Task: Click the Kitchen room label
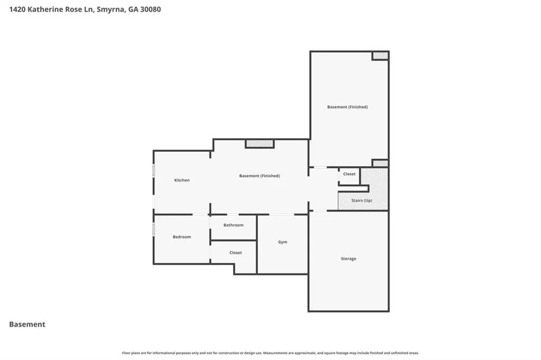[x=182, y=180]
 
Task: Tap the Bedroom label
[x=182, y=237]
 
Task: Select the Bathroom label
[x=234, y=225]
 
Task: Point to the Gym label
[x=283, y=242]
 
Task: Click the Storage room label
[x=349, y=259]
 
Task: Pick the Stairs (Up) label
[x=361, y=201]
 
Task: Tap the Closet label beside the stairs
[x=349, y=174]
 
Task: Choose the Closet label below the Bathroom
[x=236, y=253]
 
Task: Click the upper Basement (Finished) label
[x=348, y=107]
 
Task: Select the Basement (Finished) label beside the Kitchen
[x=259, y=176]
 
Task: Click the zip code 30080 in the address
[x=151, y=10]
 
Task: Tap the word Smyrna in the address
[x=110, y=10]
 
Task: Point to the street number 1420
[x=17, y=10]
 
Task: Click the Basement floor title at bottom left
[x=27, y=324]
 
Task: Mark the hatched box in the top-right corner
[x=380, y=55]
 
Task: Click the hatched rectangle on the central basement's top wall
[x=260, y=144]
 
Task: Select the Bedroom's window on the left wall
[x=154, y=229]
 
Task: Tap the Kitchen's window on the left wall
[x=154, y=170]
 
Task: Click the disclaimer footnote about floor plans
[x=270, y=353]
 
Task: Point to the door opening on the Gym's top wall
[x=282, y=214]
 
